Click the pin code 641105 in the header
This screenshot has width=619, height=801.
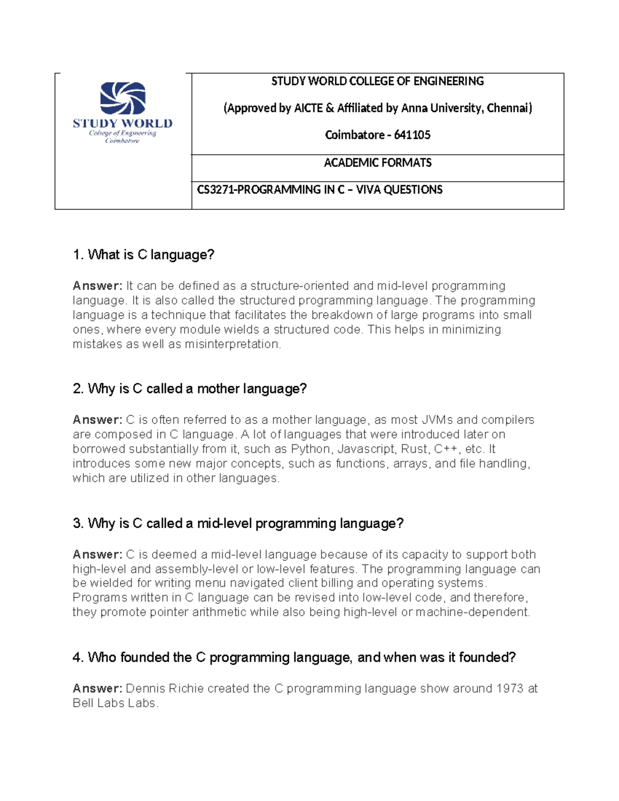pyautogui.click(x=412, y=135)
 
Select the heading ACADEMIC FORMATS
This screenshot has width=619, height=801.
pyautogui.click(x=378, y=163)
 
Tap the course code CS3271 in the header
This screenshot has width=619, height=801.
pyautogui.click(x=216, y=190)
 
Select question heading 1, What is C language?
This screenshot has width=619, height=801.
pyautogui.click(x=143, y=255)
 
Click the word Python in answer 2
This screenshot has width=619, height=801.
pyautogui.click(x=311, y=449)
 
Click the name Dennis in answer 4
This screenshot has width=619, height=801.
pyautogui.click(x=145, y=689)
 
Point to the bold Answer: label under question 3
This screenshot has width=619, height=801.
pyautogui.click(x=97, y=554)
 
